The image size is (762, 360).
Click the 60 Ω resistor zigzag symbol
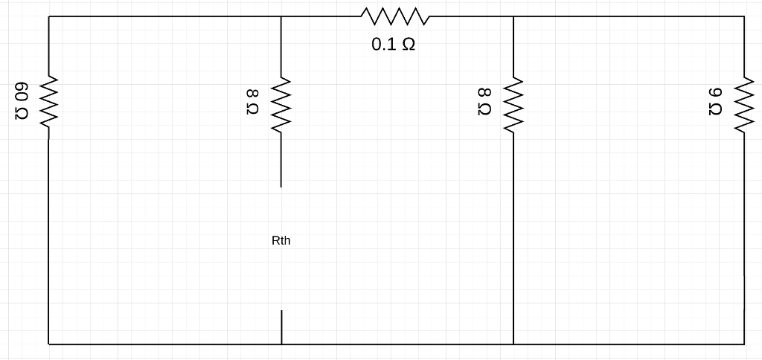pos(49,101)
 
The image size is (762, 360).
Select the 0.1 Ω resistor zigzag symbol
pos(394,16)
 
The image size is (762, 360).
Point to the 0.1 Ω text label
pos(394,45)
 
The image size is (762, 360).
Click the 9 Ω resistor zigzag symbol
pos(744,101)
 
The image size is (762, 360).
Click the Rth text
pos(281,241)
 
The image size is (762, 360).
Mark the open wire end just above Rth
pos(281,186)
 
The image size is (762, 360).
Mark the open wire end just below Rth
pos(281,311)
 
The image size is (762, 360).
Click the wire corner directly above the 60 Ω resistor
pos(49,16)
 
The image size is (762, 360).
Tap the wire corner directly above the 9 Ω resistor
pos(744,16)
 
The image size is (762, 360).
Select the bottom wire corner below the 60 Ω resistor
pos(49,344)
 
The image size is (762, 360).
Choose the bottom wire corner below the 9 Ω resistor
pos(744,344)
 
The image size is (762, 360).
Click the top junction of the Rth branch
pos(281,16)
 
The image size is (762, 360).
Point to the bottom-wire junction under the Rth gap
pos(281,344)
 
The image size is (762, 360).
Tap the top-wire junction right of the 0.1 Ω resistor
pos(513,16)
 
